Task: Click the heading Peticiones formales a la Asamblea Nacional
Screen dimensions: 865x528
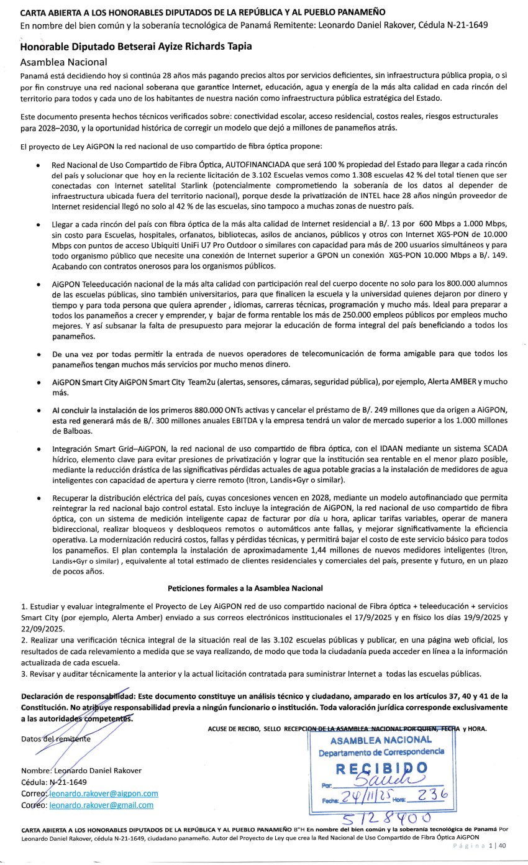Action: coord(245,588)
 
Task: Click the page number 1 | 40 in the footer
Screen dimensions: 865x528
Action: coord(498,846)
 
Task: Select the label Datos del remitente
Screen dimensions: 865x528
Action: coord(56,739)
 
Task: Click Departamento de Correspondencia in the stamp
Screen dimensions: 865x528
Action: coord(381,751)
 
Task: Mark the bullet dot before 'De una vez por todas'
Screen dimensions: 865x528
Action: coord(39,354)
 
